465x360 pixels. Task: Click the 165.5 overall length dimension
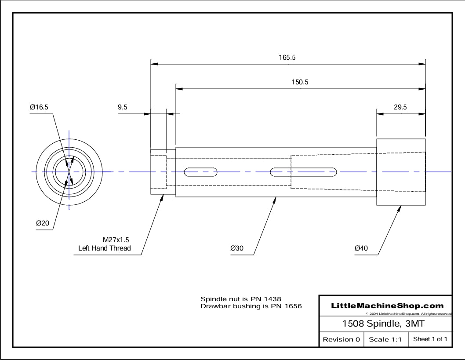coord(288,57)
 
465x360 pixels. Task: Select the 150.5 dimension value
coord(300,82)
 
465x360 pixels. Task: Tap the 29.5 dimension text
coord(400,107)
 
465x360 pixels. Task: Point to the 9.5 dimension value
coord(123,107)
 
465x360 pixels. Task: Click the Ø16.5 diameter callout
coord(39,107)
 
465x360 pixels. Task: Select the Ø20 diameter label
coord(43,223)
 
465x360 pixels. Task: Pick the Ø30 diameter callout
coord(236,248)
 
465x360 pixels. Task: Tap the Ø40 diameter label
coord(361,248)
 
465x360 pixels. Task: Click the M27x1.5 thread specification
coord(116,240)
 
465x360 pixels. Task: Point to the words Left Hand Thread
coord(104,248)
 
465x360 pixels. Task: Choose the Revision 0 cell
coord(341,339)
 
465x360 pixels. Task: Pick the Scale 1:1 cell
coord(385,339)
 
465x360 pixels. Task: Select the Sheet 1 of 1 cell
coord(430,339)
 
